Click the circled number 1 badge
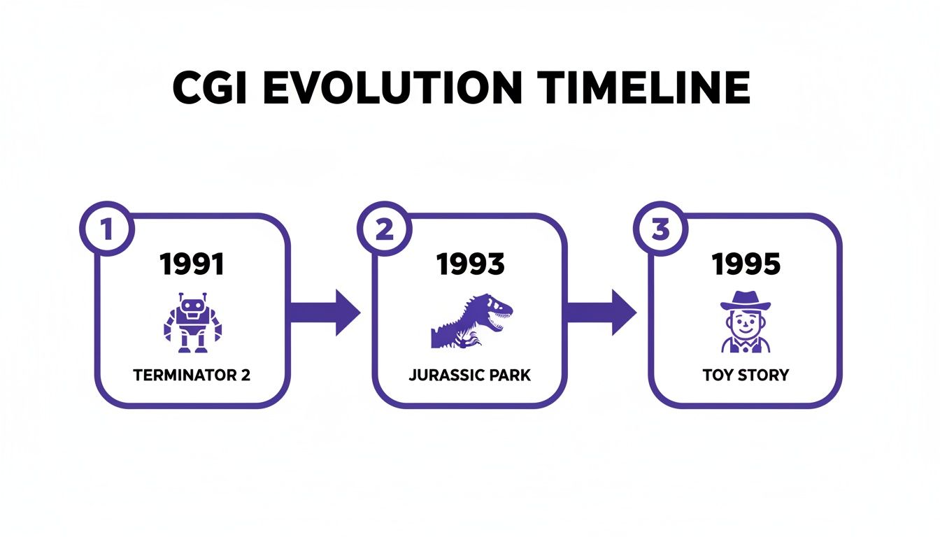point(107,229)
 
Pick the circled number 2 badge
point(384,229)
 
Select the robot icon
point(192,322)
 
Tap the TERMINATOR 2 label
point(192,375)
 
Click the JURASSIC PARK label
point(469,375)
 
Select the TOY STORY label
point(746,375)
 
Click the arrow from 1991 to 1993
point(324,313)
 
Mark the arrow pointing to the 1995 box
point(600,313)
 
